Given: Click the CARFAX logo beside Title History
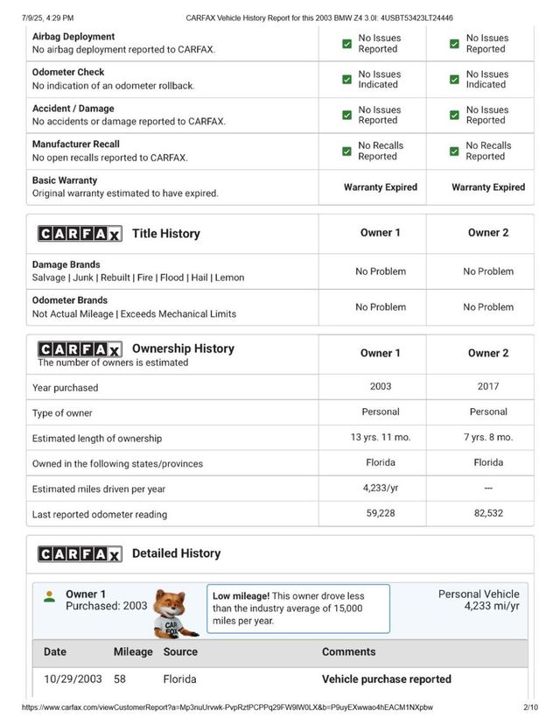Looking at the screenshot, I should pos(80,234).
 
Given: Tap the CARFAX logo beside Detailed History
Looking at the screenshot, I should pos(80,554).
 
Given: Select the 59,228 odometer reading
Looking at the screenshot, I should pos(380,514).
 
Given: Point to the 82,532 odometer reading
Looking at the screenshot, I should pos(488,514).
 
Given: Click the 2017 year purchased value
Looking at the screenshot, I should pos(488,386).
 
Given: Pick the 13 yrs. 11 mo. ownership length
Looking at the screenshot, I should pos(380,437).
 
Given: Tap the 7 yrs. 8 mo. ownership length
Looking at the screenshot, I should pos(488,437).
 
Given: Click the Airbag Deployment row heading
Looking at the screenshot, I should pos(73,37).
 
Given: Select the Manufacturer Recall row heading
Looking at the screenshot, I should pos(76,144).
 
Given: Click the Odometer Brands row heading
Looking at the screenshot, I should pos(70,300).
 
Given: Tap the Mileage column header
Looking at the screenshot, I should pos(133,651).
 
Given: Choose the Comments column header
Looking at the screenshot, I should pos(348,651).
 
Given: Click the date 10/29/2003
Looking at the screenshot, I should pos(73,679).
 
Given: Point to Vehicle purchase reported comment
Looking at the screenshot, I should pos(387,679).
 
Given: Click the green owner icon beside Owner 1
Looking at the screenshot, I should pos(50,596).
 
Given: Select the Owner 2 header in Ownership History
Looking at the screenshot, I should pos(488,353).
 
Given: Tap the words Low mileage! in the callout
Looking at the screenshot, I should pos(241,595).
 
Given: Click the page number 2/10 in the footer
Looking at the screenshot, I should pos(530,707).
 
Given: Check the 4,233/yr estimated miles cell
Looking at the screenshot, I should pos(380,489).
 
